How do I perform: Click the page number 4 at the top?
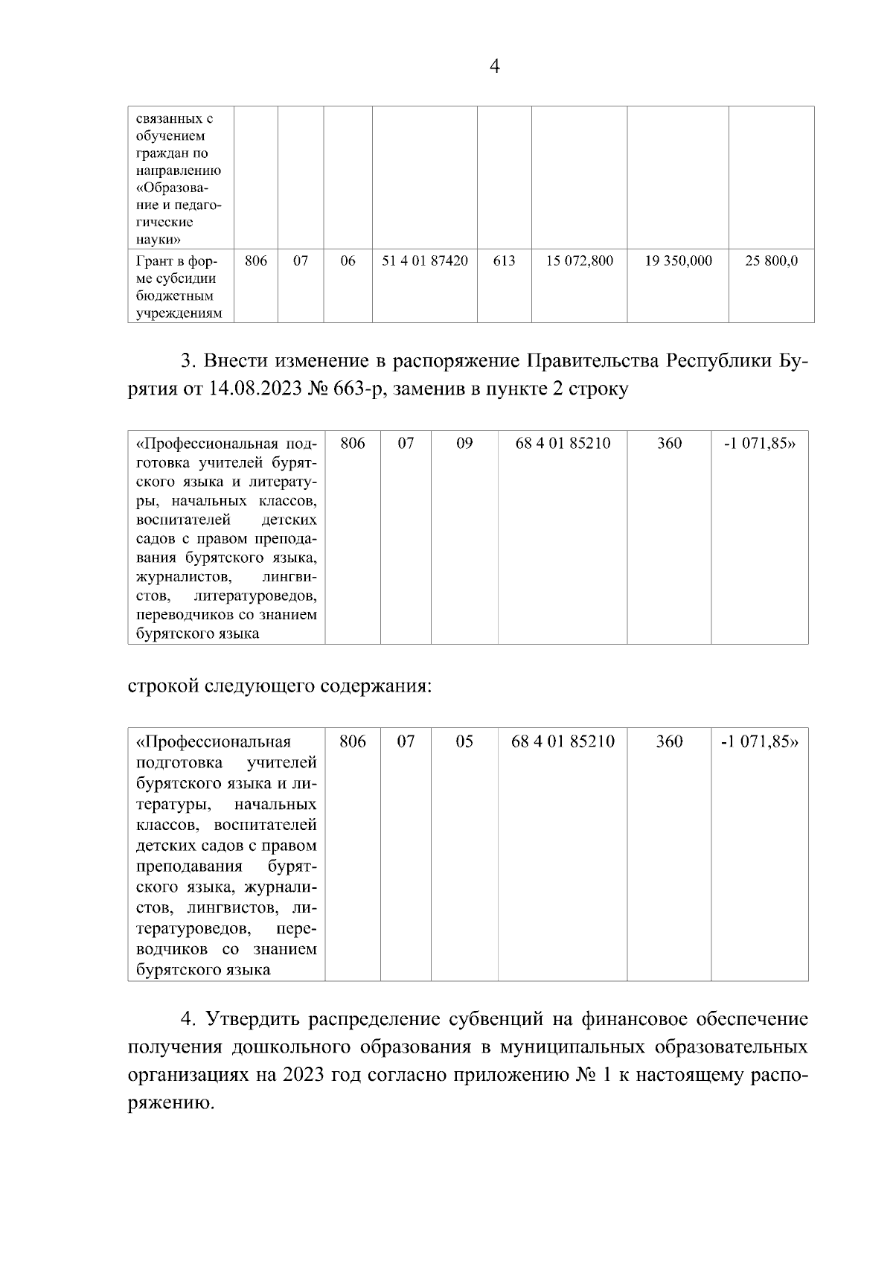pyautogui.click(x=495, y=67)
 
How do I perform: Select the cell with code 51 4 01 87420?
pyautogui.click(x=424, y=261)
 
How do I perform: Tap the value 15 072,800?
pyautogui.click(x=579, y=261)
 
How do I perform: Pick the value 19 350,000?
pyautogui.click(x=678, y=261)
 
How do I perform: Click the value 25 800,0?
pyautogui.click(x=772, y=261)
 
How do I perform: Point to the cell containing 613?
pyautogui.click(x=504, y=261)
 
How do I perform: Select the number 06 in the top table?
pyautogui.click(x=348, y=261)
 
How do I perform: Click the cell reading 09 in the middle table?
pyautogui.click(x=464, y=444)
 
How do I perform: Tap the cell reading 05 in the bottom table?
pyautogui.click(x=464, y=742)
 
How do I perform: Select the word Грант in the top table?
pyautogui.click(x=154, y=261)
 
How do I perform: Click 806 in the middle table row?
pyautogui.click(x=353, y=444)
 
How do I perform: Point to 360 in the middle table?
pyautogui.click(x=669, y=444)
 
